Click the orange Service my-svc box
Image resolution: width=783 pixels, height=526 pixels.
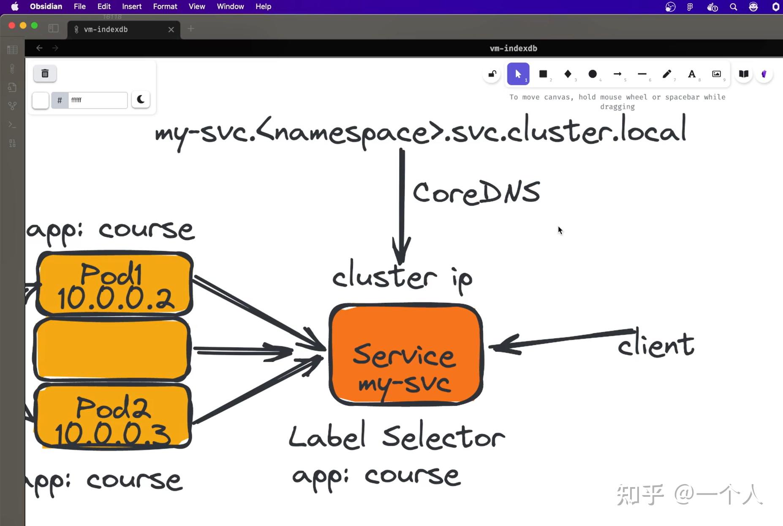pyautogui.click(x=406, y=354)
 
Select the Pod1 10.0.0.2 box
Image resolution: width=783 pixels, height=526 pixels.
pyautogui.click(x=114, y=284)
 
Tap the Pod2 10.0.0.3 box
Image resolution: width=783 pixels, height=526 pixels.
pyautogui.click(x=113, y=416)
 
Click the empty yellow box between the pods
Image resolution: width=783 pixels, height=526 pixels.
pyautogui.click(x=112, y=349)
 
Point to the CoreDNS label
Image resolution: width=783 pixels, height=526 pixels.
pyautogui.click(x=476, y=193)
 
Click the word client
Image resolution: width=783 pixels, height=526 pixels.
pyautogui.click(x=656, y=343)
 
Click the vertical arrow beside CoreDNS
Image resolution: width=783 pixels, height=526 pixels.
pyautogui.click(x=402, y=206)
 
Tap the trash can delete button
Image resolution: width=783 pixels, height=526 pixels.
pyautogui.click(x=45, y=74)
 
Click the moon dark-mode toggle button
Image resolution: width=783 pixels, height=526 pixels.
pyautogui.click(x=141, y=100)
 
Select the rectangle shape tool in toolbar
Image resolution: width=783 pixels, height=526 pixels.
pyautogui.click(x=543, y=74)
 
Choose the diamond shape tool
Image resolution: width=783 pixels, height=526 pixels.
pyautogui.click(x=568, y=74)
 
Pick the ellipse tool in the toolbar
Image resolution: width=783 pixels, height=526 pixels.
pyautogui.click(x=593, y=74)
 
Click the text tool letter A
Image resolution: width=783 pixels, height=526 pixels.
pyautogui.click(x=692, y=74)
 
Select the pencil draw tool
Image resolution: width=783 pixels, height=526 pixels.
pyautogui.click(x=667, y=74)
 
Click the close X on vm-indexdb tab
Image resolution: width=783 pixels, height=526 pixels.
pyautogui.click(x=171, y=30)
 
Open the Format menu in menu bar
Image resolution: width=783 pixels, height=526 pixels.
pyautogui.click(x=165, y=7)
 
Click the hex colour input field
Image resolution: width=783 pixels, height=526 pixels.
pyautogui.click(x=98, y=100)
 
